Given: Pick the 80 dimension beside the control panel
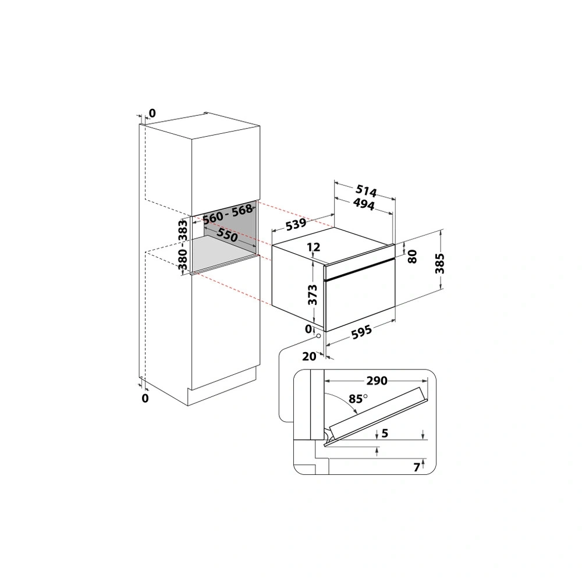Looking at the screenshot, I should pos(413,256).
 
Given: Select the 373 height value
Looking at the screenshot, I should pos(314,295).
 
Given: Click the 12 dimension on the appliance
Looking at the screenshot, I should pos(314,247).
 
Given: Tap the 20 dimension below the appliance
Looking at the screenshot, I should pos(309,357).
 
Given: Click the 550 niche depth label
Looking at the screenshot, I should pos(227,235).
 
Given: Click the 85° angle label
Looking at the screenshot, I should pos(357,399).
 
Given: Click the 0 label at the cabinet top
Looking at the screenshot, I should pos(152,112).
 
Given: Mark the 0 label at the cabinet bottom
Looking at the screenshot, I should pos(145,398).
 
